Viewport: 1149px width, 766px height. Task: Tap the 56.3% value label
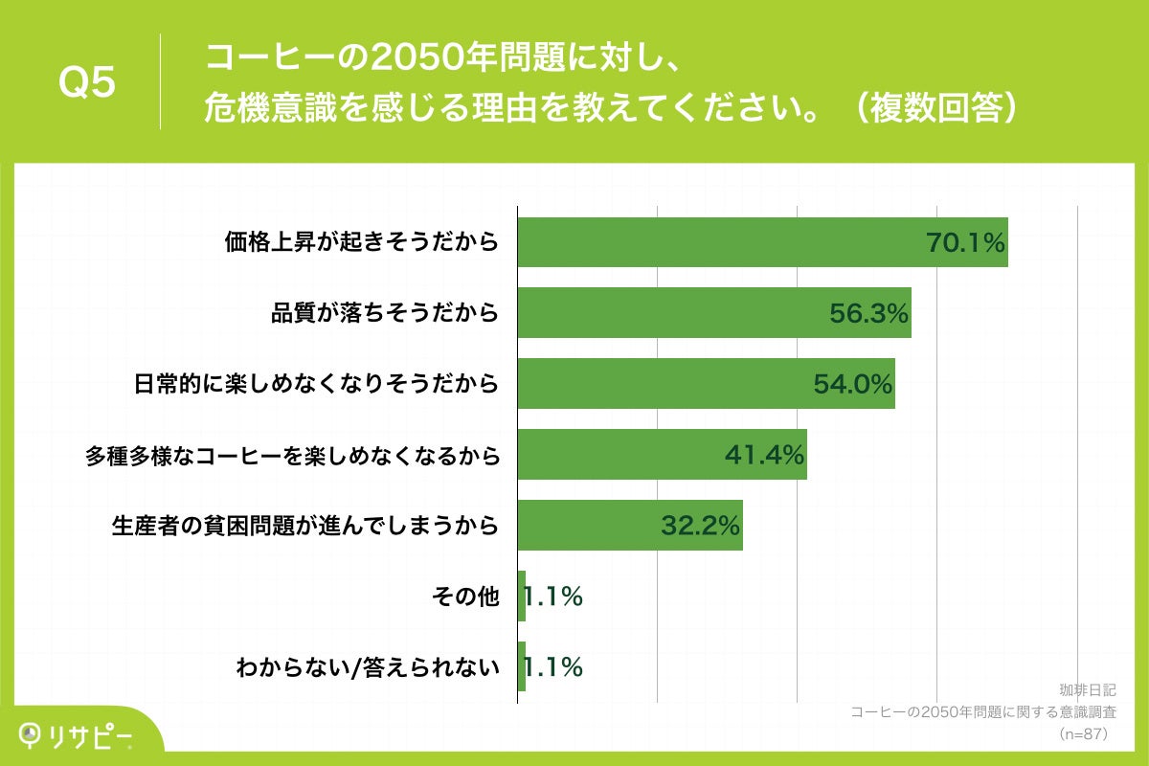(867, 313)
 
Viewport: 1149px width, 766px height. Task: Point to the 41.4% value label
(763, 455)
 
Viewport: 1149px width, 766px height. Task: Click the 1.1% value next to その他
(552, 597)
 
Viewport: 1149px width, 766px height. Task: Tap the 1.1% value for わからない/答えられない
(552, 667)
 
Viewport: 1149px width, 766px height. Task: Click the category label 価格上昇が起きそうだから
(361, 242)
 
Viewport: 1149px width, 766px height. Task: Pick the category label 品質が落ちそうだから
(385, 313)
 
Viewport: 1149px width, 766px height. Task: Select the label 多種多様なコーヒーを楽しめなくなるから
(292, 455)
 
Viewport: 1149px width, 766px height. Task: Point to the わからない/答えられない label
(368, 667)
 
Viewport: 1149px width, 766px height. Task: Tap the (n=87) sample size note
(1082, 733)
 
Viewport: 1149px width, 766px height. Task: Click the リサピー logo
(77, 734)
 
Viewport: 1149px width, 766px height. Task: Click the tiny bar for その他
(521, 597)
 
